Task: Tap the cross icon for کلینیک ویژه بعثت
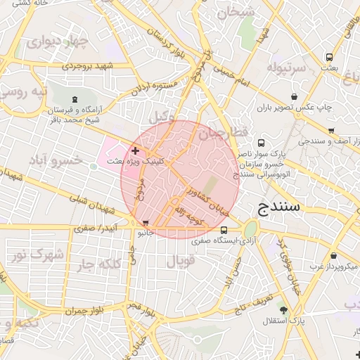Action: [x=135, y=150]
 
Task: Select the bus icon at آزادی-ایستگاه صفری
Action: [x=224, y=230]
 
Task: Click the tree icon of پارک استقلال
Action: [x=283, y=310]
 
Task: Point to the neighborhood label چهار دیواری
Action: [x=56, y=41]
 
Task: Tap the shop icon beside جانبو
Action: [x=146, y=223]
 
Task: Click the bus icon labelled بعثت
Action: [x=328, y=57]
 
